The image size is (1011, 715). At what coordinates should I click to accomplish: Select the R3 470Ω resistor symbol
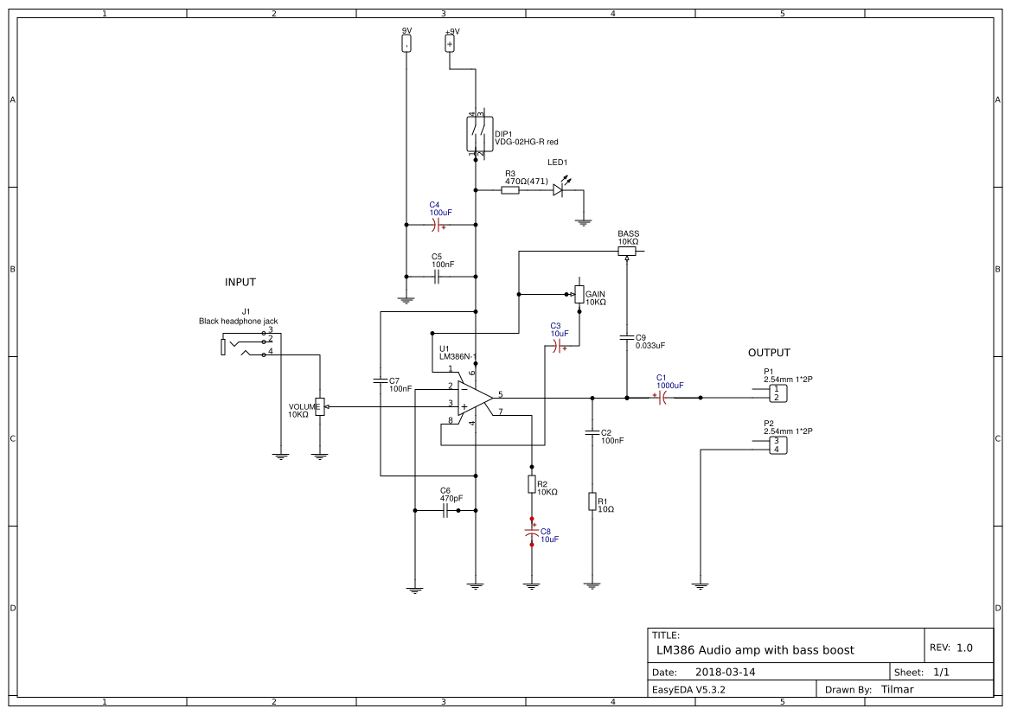coord(510,190)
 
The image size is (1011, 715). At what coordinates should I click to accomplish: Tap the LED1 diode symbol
coord(560,190)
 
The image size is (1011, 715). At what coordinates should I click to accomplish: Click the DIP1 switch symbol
coord(475,134)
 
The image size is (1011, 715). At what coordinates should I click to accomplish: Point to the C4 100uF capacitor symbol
coord(438,225)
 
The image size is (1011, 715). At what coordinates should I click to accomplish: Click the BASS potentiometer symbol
coord(627,252)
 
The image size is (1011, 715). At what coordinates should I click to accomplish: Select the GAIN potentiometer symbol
coord(579,294)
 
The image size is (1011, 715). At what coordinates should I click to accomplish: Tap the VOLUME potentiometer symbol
coord(320,406)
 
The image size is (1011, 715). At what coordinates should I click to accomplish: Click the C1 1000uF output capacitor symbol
coord(662,398)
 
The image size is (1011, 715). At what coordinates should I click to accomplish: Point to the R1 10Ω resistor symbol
coord(592,501)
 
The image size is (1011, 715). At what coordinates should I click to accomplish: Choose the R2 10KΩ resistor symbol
coord(532,484)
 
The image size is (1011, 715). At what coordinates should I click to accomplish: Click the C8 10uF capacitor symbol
coord(532,533)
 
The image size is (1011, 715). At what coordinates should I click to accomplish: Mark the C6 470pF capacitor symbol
coord(445,511)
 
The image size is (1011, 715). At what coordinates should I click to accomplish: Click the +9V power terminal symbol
coord(450,43)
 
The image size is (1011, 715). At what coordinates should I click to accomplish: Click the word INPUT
coord(240,283)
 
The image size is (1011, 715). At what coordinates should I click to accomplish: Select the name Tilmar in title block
coord(897,689)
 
